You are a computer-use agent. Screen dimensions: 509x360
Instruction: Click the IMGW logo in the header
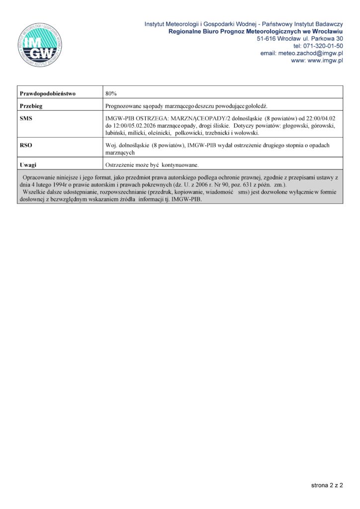pyautogui.click(x=40, y=45)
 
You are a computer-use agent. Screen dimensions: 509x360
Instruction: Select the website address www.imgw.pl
pyautogui.click(x=325, y=61)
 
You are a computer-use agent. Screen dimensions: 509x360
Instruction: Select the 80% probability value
pyautogui.click(x=111, y=93)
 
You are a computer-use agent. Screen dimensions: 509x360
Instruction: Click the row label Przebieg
pyautogui.click(x=31, y=106)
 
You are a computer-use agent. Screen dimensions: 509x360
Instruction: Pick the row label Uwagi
pyautogui.click(x=28, y=165)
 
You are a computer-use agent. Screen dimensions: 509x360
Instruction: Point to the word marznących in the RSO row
pyautogui.click(x=120, y=153)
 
